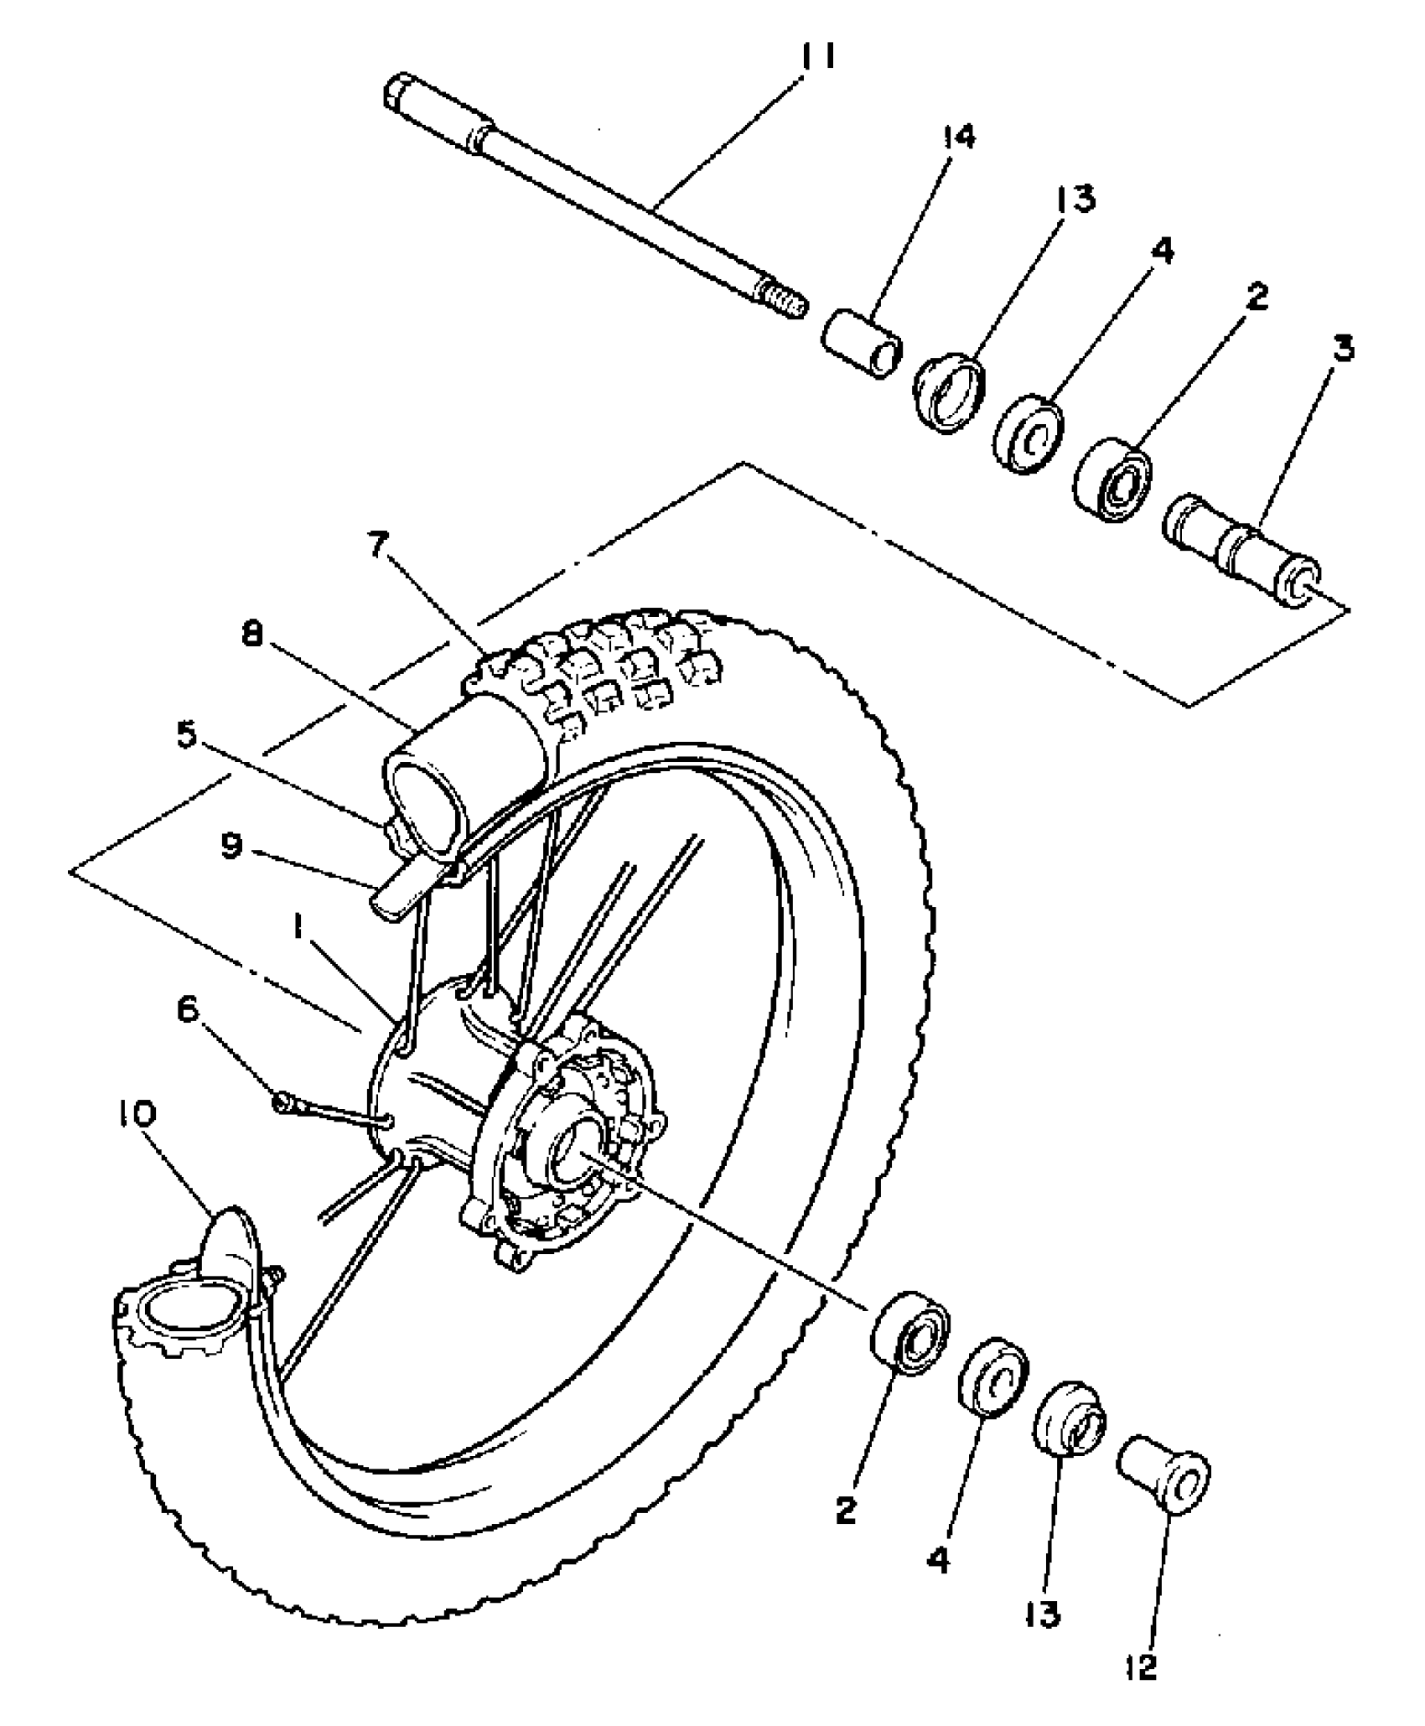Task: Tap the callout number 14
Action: (x=958, y=137)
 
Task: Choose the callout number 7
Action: (x=380, y=545)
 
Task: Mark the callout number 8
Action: (x=251, y=635)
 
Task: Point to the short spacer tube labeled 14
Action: (x=862, y=344)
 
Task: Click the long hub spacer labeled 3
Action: (x=1241, y=551)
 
